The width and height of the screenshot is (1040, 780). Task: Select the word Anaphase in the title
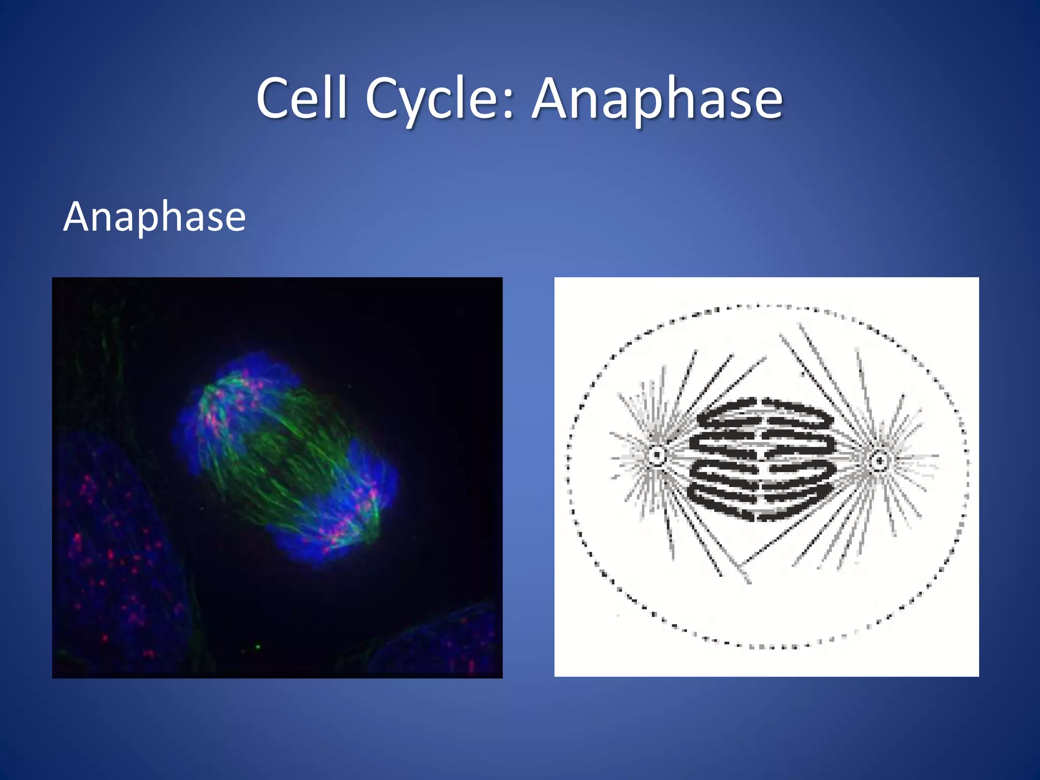click(x=657, y=99)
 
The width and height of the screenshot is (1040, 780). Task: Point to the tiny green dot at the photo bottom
click(x=258, y=647)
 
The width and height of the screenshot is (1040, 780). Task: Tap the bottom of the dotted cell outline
click(x=767, y=647)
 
